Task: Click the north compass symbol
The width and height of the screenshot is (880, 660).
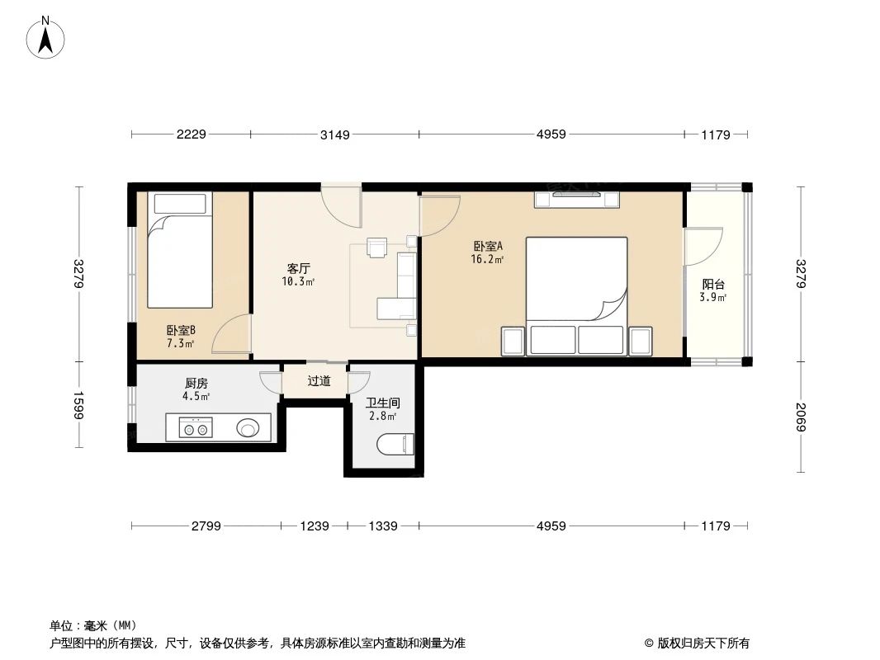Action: [46, 37]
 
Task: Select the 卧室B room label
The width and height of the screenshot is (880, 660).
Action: [181, 330]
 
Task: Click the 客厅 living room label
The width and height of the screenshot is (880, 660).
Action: [298, 269]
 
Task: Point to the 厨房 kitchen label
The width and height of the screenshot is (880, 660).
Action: [196, 384]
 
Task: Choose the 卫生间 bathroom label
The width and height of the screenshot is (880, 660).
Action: [383, 403]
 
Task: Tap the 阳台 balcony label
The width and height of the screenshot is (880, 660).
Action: [712, 285]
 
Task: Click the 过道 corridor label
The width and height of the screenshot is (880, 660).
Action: [319, 381]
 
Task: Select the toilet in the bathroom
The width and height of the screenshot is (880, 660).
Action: [395, 445]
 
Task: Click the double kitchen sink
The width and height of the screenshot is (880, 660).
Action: [196, 427]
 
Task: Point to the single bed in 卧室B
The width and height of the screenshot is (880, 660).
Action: [179, 250]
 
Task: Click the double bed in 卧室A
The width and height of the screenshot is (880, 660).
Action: [576, 279]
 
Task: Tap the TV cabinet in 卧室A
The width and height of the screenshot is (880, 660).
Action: [576, 199]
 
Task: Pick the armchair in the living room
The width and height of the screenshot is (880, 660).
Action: [377, 247]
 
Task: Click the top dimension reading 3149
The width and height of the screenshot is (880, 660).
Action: [335, 134]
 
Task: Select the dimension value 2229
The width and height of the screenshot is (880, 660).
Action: [191, 134]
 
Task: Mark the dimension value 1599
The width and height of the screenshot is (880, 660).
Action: [79, 405]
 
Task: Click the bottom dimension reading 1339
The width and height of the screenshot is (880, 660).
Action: [383, 526]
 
